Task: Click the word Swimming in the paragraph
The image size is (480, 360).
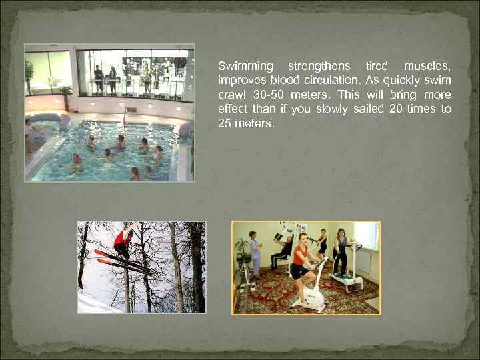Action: coord(245,66)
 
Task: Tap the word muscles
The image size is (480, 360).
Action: coord(427,66)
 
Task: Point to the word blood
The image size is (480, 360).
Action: coord(280,81)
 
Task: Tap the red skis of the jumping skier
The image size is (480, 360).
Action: coord(120,261)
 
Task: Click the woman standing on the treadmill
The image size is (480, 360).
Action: coord(341,250)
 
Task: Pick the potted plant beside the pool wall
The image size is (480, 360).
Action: coord(65,93)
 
